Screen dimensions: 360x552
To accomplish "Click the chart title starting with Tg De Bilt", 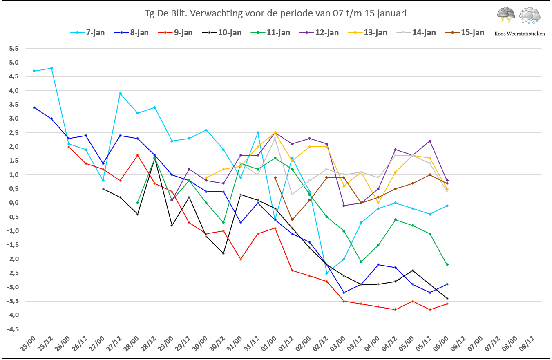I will (x=276, y=13).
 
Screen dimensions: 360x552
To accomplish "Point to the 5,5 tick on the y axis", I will (x=14, y=49).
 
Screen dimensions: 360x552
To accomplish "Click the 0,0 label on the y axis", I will (x=14, y=203).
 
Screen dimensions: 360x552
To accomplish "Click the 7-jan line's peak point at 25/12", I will (x=51, y=68).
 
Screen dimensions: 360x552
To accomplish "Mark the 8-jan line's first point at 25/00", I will (x=34, y=107).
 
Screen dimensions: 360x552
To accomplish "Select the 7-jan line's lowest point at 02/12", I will (x=326, y=273).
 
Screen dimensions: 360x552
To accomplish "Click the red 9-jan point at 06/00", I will (x=447, y=304).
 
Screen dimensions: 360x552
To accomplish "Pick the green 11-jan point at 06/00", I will (x=447, y=264).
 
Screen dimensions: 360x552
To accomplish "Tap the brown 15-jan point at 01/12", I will (x=292, y=220).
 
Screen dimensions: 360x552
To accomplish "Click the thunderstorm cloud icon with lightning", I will (x=506, y=15).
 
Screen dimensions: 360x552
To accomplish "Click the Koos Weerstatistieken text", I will (x=519, y=34).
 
